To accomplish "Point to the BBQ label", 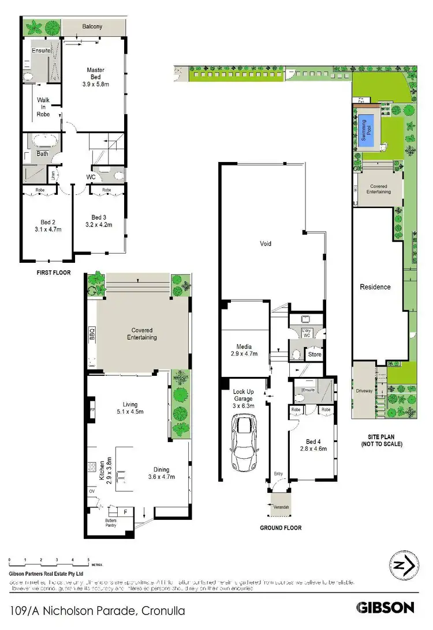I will coord(92,333).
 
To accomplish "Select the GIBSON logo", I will coord(385,607).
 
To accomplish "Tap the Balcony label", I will coord(92,27).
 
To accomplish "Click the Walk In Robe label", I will coord(43,107).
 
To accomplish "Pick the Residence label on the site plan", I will coord(375,286).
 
